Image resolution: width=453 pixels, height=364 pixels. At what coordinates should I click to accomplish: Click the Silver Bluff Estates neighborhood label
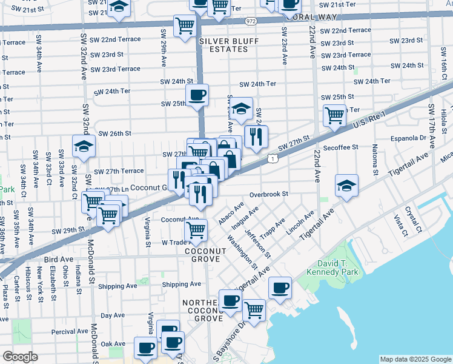coord(225,44)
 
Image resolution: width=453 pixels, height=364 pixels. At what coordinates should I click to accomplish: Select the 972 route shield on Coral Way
coord(251,21)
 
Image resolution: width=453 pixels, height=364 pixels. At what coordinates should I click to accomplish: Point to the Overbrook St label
coord(267,194)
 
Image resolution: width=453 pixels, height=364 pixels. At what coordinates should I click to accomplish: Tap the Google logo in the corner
coord(20,357)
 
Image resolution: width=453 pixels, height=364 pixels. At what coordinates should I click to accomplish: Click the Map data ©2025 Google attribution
coord(415,359)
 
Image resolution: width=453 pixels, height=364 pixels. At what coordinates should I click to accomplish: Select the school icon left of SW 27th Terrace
coord(84,146)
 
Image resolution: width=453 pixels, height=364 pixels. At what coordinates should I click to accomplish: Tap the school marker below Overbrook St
coord(346,186)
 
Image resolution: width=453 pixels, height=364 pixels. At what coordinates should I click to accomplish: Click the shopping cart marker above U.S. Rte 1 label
coord(334,115)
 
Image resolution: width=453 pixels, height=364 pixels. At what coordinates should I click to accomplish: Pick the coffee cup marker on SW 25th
coord(197,95)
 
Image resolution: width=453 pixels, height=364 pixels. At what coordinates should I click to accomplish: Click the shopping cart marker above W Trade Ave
coord(196,230)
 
